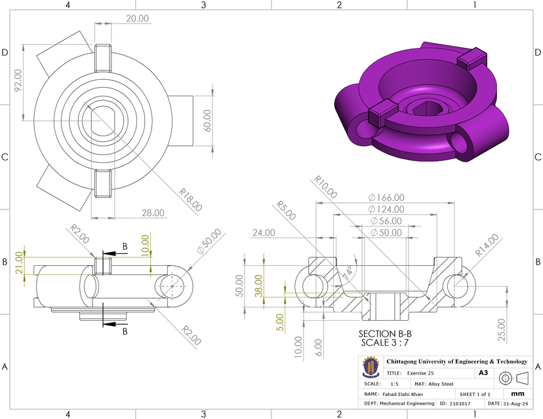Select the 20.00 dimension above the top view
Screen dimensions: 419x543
tap(137, 18)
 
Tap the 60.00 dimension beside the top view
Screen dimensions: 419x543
tap(209, 120)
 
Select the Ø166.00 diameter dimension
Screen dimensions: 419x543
tap(386, 197)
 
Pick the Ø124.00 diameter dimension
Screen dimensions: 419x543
tap(386, 209)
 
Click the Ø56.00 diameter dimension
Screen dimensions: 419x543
tap(386, 221)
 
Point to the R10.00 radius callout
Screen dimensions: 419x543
tap(325, 187)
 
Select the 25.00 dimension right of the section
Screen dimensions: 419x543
tap(502, 325)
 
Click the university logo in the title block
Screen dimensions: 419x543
tap(371, 367)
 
